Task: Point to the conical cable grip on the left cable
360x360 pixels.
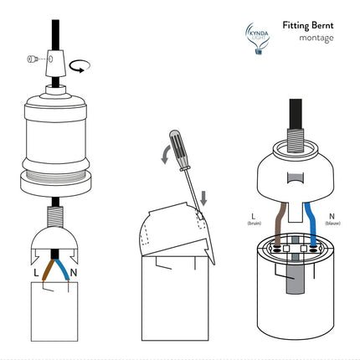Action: tap(58, 60)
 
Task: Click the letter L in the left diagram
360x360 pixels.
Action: tap(36, 273)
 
